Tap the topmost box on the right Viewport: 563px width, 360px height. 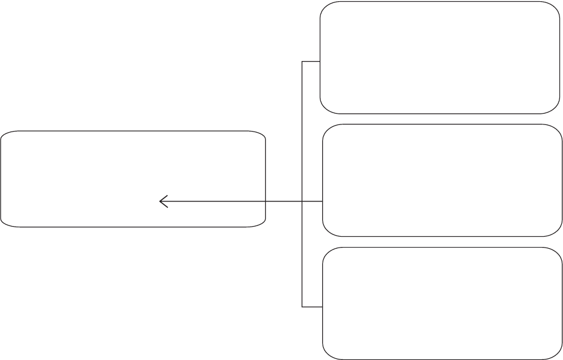tap(440, 57)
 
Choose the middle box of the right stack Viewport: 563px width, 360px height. tap(442, 180)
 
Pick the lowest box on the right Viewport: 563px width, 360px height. tap(442, 303)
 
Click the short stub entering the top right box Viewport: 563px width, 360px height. tap(311, 62)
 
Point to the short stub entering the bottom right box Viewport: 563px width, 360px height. tap(312, 307)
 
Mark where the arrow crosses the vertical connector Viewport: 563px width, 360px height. tap(302, 202)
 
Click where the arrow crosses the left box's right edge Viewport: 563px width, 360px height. tap(265, 202)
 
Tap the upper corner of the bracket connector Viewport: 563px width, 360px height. tap(302, 62)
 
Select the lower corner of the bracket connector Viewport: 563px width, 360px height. tap(302, 307)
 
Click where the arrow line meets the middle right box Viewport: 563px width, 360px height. tap(322, 202)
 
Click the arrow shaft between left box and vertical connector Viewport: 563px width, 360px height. tap(284, 202)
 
